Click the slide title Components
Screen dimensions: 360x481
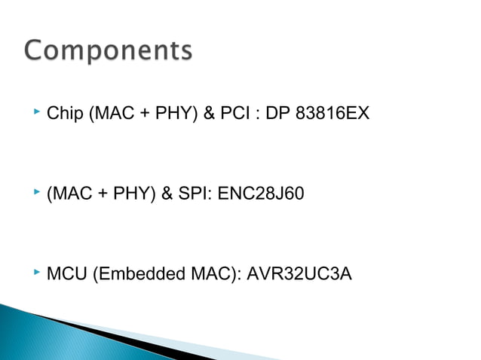[109, 51]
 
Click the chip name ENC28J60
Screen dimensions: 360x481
[261, 194]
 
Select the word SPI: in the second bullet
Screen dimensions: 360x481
[195, 194]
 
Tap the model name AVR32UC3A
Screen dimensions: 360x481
[299, 273]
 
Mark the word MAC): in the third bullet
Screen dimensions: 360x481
[213, 273]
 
